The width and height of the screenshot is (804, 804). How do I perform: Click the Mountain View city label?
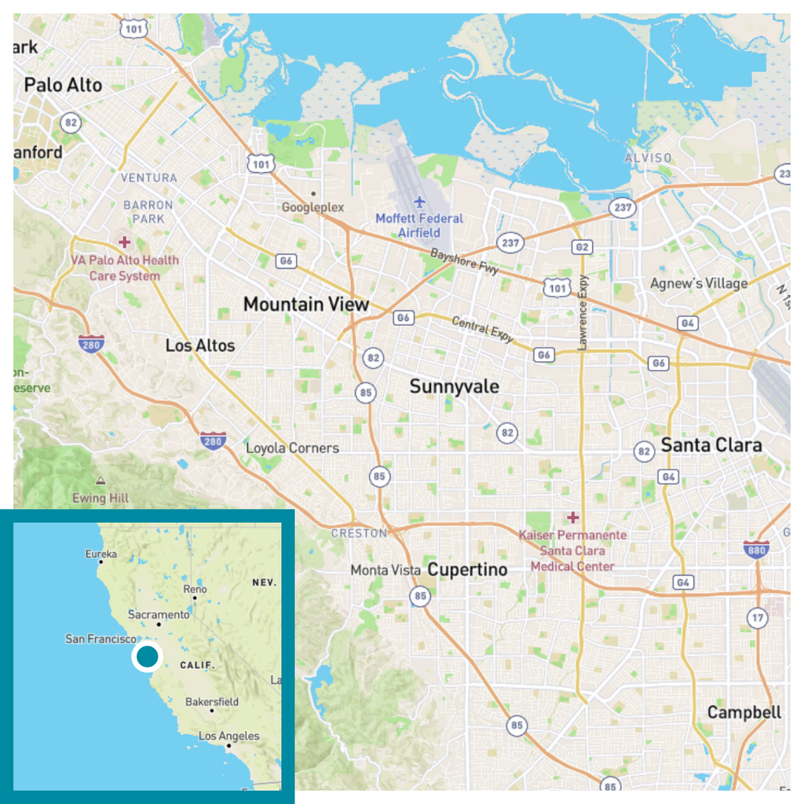305,304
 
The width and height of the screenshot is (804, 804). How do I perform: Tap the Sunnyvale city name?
454,386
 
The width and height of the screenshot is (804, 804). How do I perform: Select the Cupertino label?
467,569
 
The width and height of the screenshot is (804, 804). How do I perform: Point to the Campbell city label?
744,712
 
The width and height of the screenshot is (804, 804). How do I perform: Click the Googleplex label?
313,207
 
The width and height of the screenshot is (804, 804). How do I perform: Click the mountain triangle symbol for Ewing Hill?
100,480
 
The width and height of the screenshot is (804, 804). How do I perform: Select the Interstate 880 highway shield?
755,549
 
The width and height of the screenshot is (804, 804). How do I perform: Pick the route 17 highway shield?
757,617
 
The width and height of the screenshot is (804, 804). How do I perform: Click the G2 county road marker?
582,247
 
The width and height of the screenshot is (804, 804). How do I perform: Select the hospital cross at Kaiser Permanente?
573,517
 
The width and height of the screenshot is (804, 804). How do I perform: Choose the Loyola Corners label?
293,448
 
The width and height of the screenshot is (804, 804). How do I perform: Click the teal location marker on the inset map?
147,656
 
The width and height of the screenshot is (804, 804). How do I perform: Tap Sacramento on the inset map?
159,614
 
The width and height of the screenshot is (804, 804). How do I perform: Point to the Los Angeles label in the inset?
228,736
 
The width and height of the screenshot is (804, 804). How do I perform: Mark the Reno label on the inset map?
195,589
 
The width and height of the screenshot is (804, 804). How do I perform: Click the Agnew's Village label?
699,283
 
